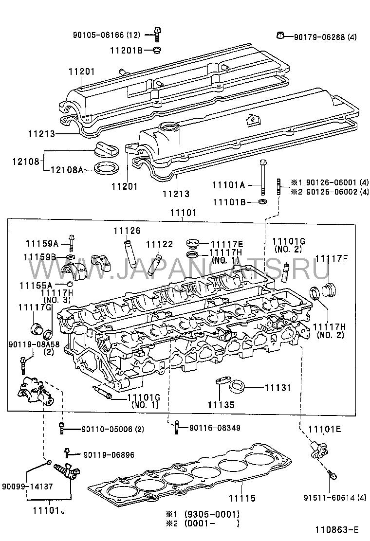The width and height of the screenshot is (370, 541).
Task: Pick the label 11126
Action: pos(127,230)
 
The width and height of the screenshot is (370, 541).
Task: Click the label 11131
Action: pos(277,388)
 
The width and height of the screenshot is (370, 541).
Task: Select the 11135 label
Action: pos(222,404)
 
